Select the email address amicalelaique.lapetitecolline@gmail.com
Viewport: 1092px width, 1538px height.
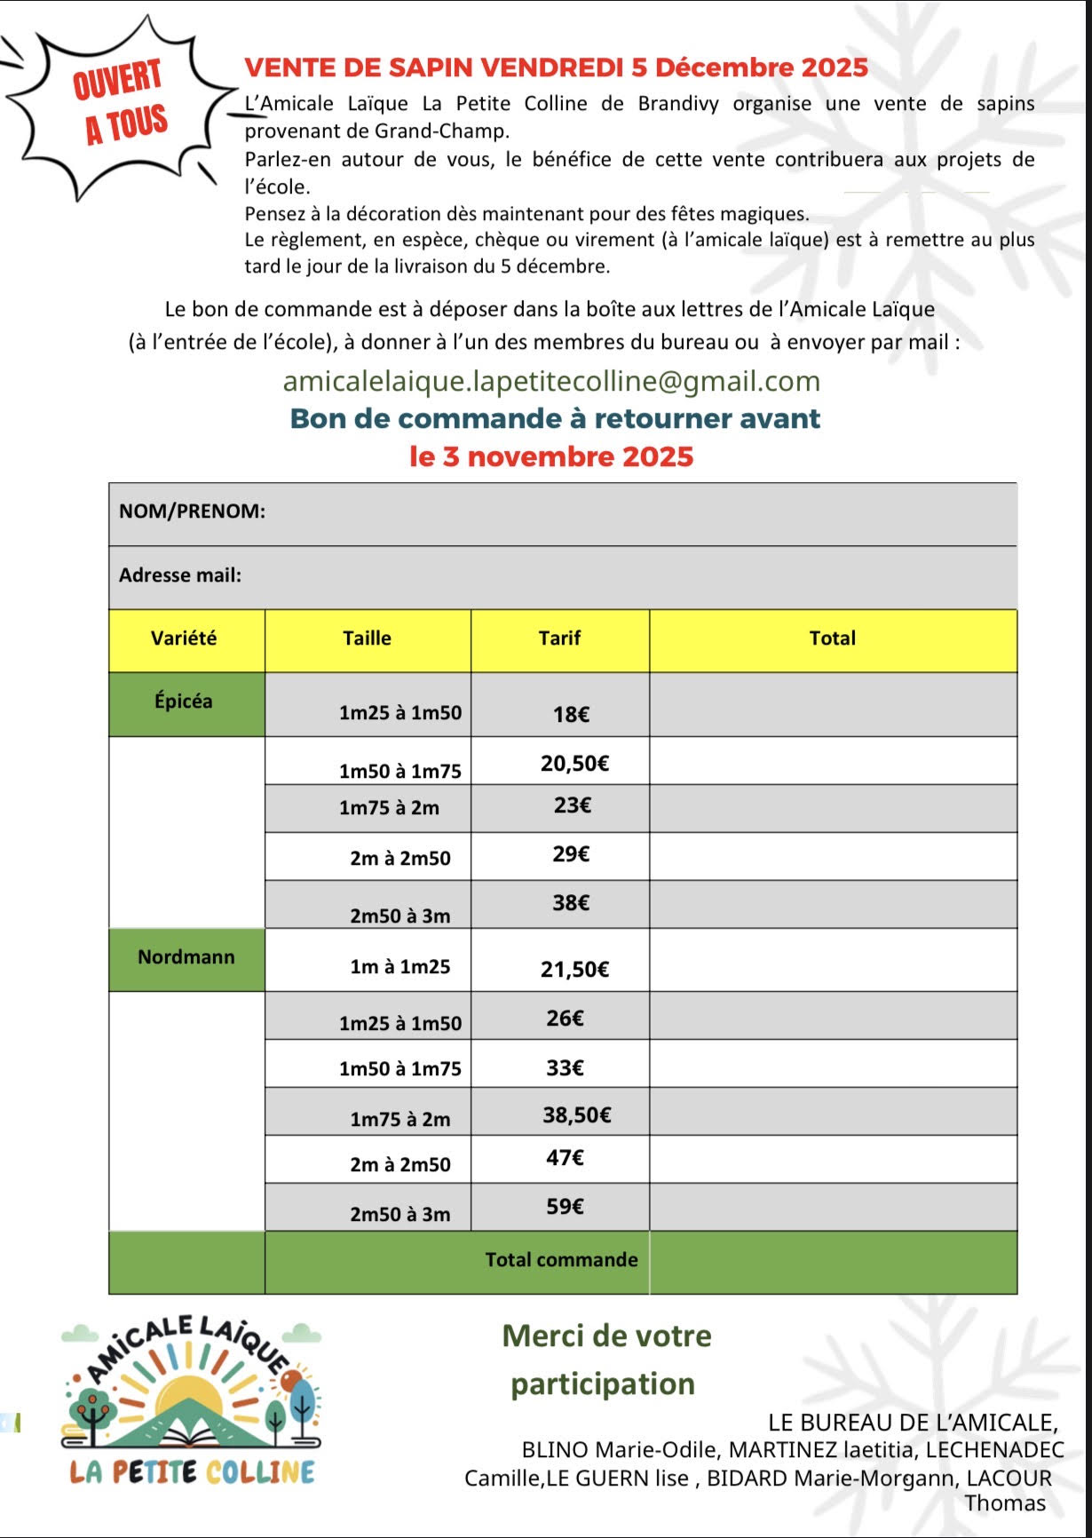pyautogui.click(x=551, y=381)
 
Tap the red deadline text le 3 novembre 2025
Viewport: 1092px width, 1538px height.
pyautogui.click(x=551, y=456)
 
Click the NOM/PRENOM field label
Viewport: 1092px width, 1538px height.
pyautogui.click(x=192, y=511)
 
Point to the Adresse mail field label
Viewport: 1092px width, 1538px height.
pyautogui.click(x=180, y=575)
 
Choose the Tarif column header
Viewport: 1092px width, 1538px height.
pyautogui.click(x=559, y=638)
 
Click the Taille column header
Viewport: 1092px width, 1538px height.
pyautogui.click(x=367, y=638)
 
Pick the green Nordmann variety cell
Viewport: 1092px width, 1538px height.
pyautogui.click(x=186, y=957)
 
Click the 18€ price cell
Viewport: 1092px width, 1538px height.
pyautogui.click(x=571, y=715)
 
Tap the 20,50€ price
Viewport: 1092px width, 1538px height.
pyautogui.click(x=574, y=764)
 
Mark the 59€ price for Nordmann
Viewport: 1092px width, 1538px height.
pyautogui.click(x=565, y=1207)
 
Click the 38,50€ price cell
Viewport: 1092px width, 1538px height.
pyautogui.click(x=576, y=1115)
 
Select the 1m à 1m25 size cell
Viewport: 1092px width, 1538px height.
pyautogui.click(x=400, y=967)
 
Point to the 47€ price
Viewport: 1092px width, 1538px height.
pyautogui.click(x=565, y=1158)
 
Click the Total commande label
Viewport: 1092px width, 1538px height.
pyautogui.click(x=561, y=1260)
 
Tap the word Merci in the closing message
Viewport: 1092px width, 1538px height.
pyautogui.click(x=542, y=1336)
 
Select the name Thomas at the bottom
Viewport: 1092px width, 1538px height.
pyautogui.click(x=1005, y=1503)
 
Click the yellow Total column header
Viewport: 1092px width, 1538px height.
pyautogui.click(x=832, y=638)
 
